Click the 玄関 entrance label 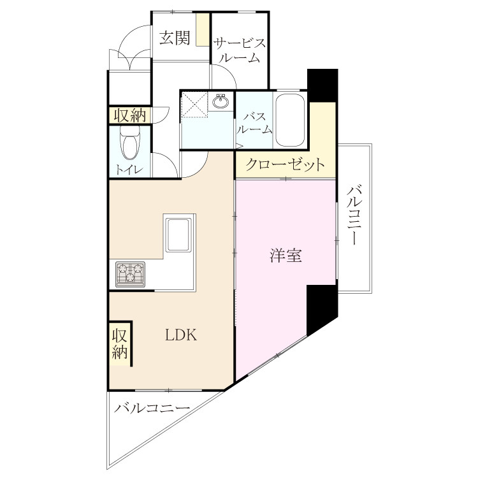pos(175,38)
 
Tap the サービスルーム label pos(240,50)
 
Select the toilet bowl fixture pos(129,142)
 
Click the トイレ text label pos(129,170)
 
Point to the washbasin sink pos(221,101)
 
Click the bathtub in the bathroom pos(290,120)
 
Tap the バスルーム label pos(254,124)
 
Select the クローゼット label pos(285,165)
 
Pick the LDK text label pos(181,335)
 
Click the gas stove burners pos(131,274)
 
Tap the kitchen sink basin pos(178,234)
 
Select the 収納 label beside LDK pos(120,344)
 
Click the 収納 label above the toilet pos(130,115)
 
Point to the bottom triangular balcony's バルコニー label pos(152,407)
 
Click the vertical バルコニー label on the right pos(353,215)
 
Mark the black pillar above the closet pos(322,85)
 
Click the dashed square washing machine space pos(194,105)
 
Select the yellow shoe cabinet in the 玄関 pos(201,29)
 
